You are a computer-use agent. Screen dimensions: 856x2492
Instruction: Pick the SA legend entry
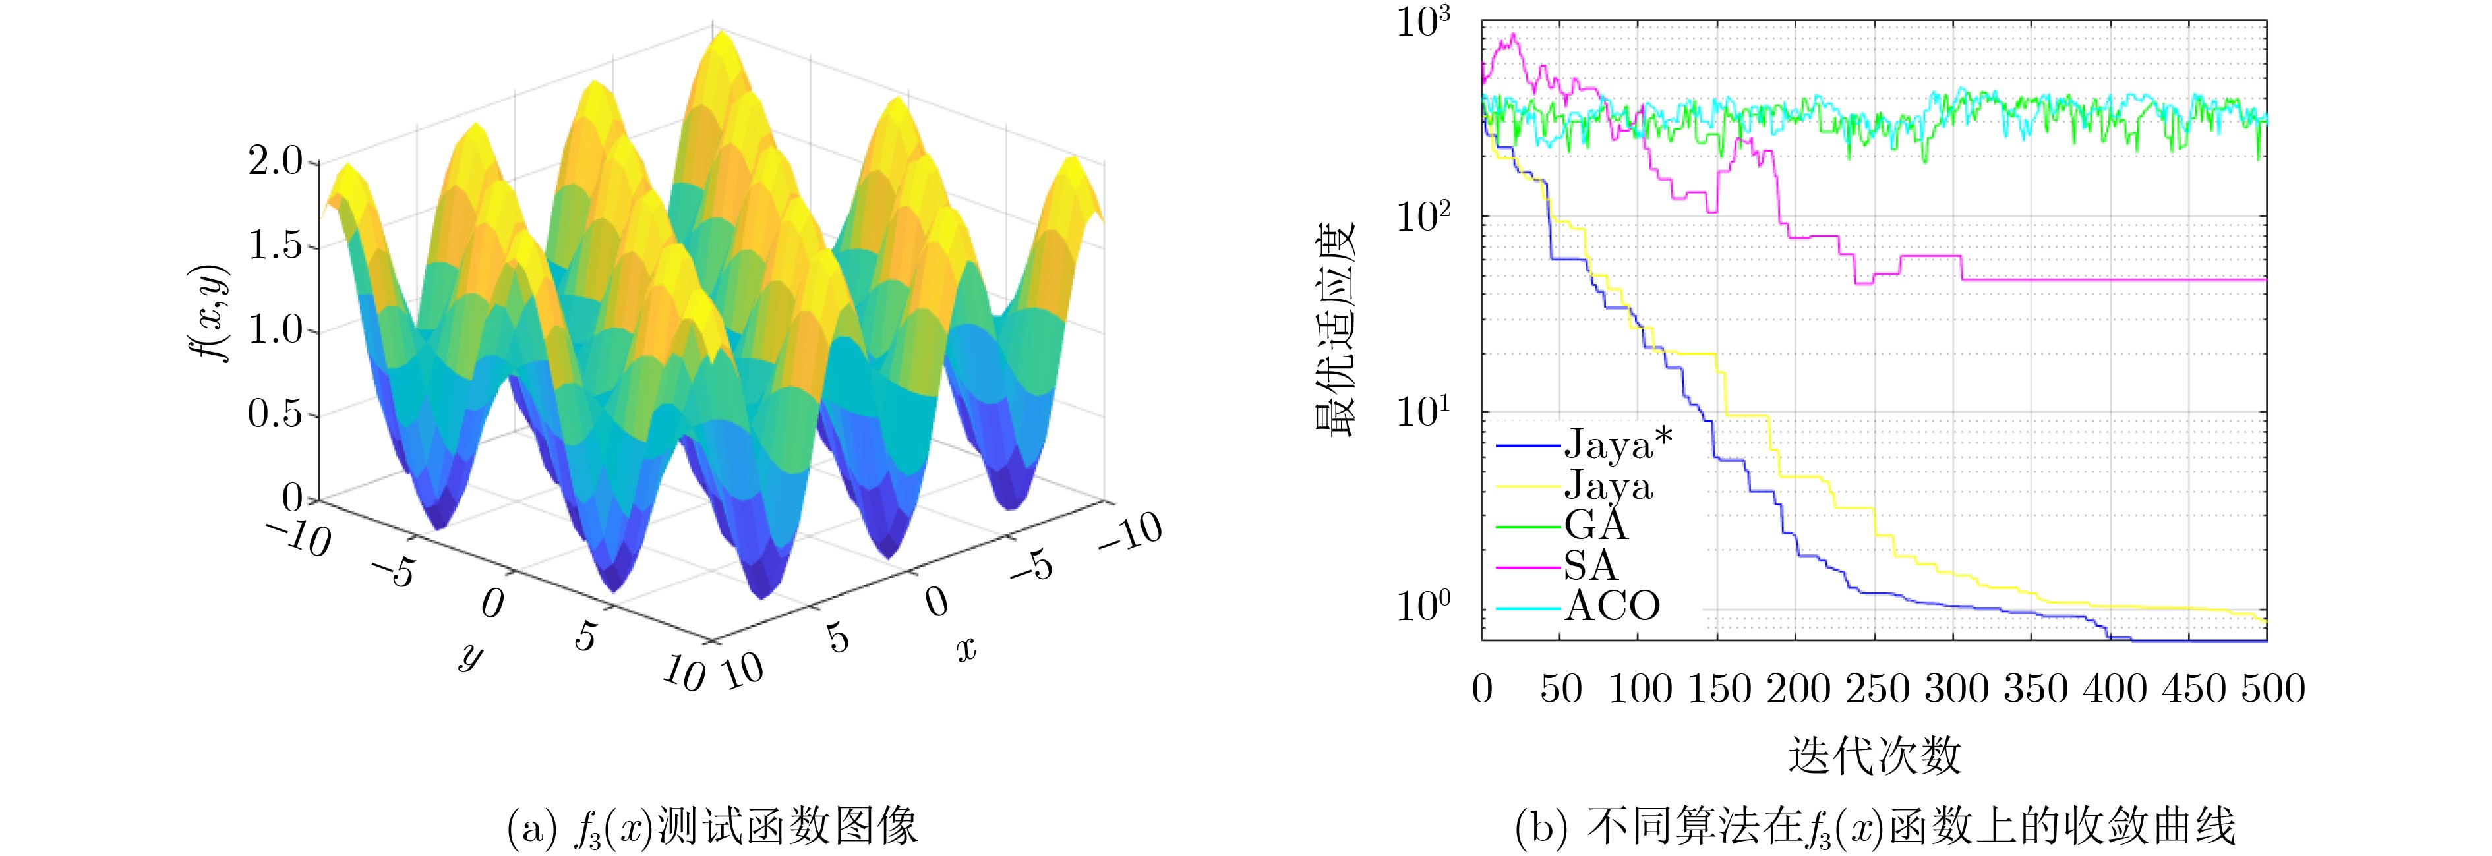1590,566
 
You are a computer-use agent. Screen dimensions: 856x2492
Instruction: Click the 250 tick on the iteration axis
1876,689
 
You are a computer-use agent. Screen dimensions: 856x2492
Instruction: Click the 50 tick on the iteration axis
1560,689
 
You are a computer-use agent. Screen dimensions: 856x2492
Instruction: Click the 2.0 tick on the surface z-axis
276,161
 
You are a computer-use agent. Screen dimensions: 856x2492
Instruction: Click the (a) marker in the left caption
531,828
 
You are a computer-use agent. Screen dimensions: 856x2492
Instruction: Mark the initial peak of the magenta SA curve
1513,36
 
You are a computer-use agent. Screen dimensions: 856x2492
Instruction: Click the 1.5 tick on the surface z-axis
276,246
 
